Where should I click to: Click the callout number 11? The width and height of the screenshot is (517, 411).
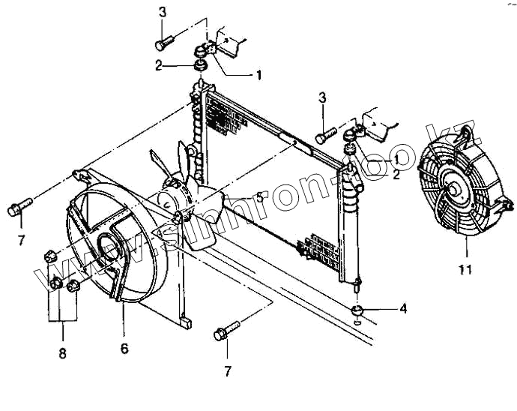[x=465, y=268]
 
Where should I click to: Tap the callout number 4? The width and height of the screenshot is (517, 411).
[x=403, y=307]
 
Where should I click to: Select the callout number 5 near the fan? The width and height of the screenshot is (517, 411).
[x=259, y=197]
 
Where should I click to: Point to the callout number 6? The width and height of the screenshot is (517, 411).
[x=124, y=349]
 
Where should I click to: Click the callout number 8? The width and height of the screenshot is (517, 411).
[x=63, y=352]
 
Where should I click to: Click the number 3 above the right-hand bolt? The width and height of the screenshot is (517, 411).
[x=322, y=97]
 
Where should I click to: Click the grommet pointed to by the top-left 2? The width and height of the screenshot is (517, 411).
[x=200, y=67]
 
